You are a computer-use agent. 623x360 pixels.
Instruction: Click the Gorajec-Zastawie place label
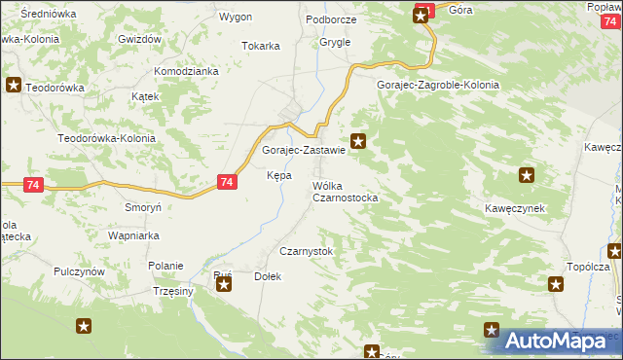pyautogui.click(x=304, y=151)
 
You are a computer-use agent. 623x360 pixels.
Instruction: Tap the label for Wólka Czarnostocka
pyautogui.click(x=345, y=192)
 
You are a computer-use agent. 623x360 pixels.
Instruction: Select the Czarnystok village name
pyautogui.click(x=306, y=251)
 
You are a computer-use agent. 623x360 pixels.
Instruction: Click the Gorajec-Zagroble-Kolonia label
pyautogui.click(x=438, y=85)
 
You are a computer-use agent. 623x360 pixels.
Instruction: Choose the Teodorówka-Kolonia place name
pyautogui.click(x=106, y=138)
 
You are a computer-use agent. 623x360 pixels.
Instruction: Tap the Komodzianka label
pyautogui.click(x=186, y=71)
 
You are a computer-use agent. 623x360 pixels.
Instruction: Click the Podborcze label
pyautogui.click(x=331, y=19)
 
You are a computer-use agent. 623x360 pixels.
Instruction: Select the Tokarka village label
pyautogui.click(x=261, y=46)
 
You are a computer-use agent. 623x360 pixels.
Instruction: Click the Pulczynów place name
pyautogui.click(x=79, y=271)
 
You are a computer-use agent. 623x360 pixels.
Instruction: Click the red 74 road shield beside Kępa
pyautogui.click(x=227, y=182)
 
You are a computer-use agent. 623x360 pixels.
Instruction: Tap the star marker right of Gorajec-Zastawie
pyautogui.click(x=359, y=142)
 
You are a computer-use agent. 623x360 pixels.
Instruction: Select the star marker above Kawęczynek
pyautogui.click(x=527, y=176)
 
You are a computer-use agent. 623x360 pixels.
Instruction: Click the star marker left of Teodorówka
pyautogui.click(x=14, y=85)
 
